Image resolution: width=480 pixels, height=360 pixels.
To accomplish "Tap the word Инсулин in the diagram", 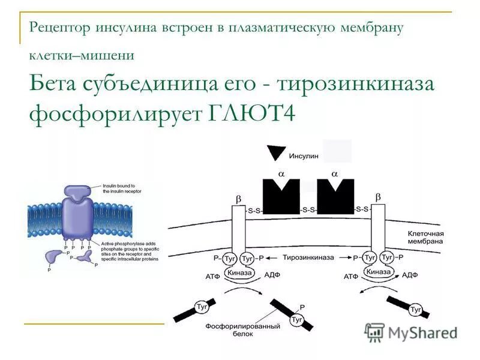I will pos(304,155).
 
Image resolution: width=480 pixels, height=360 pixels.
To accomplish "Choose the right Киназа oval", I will pos(379,272).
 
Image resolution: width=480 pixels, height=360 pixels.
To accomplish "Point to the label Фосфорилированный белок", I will pos(243,330).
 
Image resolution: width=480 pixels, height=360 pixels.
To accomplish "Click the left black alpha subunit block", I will pos(281,196).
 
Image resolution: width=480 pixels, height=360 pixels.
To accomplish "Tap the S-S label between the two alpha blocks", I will pos(308,209).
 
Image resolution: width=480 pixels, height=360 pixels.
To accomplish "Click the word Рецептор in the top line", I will pos(58,27).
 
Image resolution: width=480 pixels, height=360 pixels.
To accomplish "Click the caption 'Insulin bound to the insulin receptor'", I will pos(119,189).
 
